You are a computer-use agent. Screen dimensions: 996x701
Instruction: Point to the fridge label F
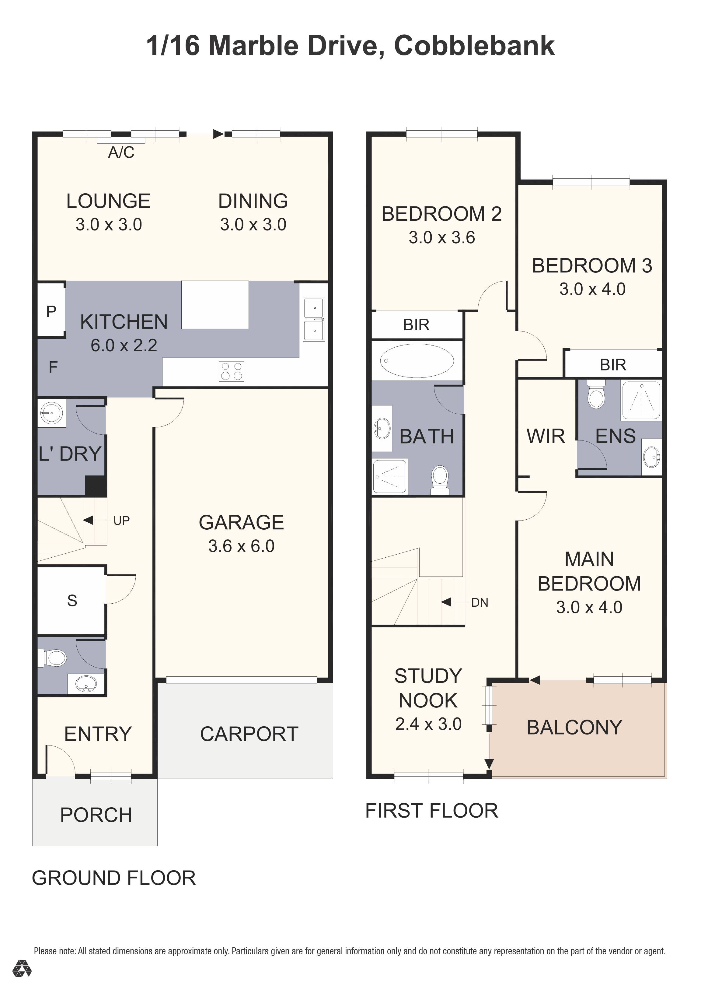(x=53, y=367)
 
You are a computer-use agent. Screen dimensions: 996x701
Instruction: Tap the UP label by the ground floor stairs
(x=121, y=520)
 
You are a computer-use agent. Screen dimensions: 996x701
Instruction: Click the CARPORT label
(x=249, y=734)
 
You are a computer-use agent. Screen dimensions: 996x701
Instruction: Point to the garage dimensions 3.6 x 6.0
(x=241, y=546)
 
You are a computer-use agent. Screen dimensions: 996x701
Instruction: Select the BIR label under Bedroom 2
(x=416, y=324)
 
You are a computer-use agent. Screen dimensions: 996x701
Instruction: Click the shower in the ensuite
(x=641, y=400)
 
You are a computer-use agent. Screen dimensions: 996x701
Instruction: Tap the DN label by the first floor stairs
(x=480, y=602)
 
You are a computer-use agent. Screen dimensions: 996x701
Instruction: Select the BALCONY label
(x=574, y=728)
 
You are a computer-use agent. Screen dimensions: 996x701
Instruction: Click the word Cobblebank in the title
(x=474, y=46)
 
